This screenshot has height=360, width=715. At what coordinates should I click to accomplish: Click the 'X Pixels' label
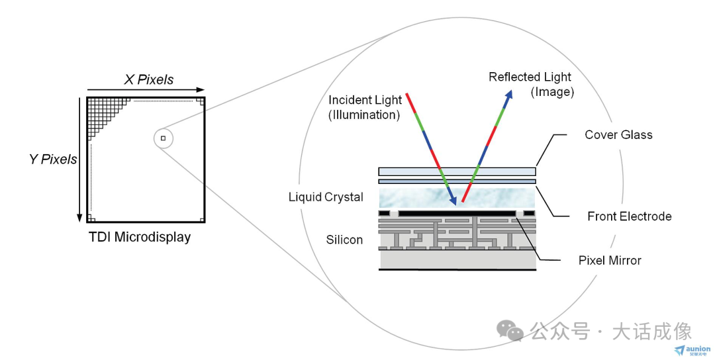pos(149,80)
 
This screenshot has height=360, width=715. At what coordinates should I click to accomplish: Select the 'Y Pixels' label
pos(53,159)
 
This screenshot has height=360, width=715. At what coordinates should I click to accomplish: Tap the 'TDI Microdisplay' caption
pos(140,237)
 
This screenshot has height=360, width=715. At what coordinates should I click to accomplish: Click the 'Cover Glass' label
pos(618,135)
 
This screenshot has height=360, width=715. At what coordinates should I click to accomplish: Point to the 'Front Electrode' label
pos(630,216)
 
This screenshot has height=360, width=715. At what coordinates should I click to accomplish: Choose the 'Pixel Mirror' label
pos(610,260)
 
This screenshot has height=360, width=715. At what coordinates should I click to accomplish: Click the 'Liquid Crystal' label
pos(326,197)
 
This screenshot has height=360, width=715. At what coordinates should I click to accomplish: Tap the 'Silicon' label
pos(344,240)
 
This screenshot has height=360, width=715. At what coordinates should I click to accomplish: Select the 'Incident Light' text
pos(365,100)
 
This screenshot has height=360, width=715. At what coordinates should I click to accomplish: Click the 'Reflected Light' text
pos(530,77)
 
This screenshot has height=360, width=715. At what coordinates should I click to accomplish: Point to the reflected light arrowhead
pos(509,94)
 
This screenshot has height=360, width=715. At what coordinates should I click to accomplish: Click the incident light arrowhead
pos(453,201)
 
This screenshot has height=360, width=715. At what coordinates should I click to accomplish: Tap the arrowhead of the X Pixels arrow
pos(201,90)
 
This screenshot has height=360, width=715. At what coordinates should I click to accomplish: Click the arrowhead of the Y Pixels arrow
pos(80,218)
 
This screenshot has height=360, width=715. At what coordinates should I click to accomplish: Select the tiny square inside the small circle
pos(163,138)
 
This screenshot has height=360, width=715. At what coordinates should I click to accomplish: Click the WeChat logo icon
pos(510,330)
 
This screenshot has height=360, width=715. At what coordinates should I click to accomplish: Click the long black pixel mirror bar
pos(456,213)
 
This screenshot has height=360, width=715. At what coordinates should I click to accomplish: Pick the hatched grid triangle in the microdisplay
pos(103,112)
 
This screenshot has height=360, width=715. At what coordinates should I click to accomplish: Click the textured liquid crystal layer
pos(457,199)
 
